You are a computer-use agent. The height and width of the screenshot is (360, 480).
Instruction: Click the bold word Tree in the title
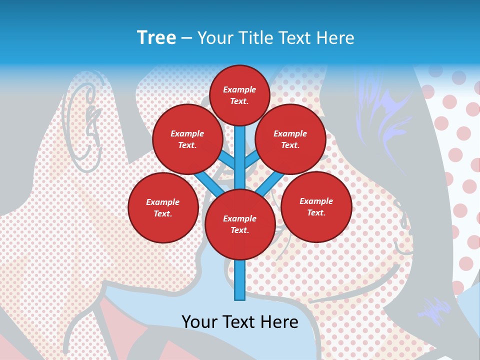click(x=156, y=38)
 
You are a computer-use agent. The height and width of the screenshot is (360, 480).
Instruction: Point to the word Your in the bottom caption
click(x=199, y=322)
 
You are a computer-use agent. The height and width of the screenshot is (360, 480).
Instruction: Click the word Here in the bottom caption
click(x=279, y=322)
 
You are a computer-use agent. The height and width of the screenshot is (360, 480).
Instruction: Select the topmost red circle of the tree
click(x=239, y=95)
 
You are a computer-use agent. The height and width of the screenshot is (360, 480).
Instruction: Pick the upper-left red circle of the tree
click(x=187, y=139)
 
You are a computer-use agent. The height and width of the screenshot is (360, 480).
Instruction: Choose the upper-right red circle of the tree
click(x=290, y=139)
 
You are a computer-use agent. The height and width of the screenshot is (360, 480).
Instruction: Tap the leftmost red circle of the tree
click(x=163, y=207)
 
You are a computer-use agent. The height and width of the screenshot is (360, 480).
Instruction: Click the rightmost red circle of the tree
click(x=316, y=206)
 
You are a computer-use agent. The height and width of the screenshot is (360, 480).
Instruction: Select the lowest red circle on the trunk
click(x=240, y=224)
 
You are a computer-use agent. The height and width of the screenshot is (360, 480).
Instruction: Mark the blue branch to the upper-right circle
click(x=252, y=161)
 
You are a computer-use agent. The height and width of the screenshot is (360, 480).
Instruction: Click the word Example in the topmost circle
click(x=239, y=89)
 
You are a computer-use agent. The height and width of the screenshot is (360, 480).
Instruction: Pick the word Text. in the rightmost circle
click(x=316, y=212)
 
